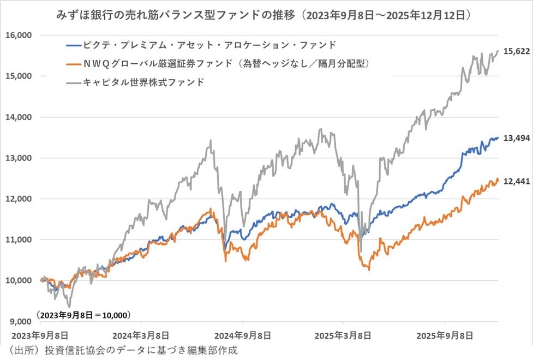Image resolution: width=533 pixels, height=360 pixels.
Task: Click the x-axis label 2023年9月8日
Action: pos(39,334)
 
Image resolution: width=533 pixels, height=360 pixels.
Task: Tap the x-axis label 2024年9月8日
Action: pos(243,334)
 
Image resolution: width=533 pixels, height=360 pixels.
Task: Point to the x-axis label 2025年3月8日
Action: pos(344,334)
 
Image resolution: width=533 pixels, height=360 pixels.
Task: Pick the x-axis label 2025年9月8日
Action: pos(445,334)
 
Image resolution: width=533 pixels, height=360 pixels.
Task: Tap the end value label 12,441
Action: pos(516,183)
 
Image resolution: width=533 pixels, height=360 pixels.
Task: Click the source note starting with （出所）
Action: pos(121,350)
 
